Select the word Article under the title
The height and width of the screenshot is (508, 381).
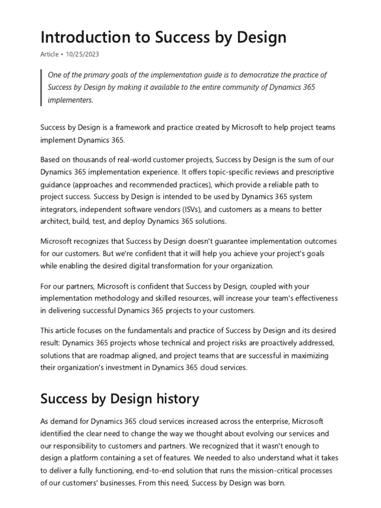pos(49,54)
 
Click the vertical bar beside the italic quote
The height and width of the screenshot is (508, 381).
pos(42,87)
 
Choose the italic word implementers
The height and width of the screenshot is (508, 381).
pos(70,99)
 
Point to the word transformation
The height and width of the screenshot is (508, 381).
pos(189,265)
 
